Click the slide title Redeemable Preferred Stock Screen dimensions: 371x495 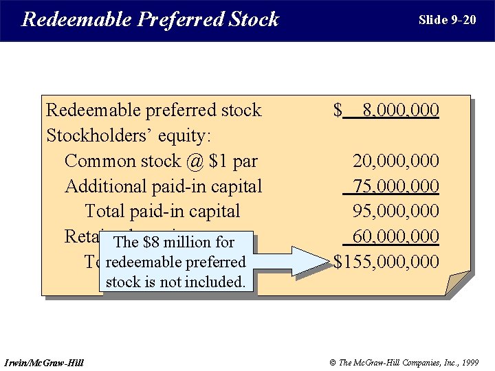click(150, 19)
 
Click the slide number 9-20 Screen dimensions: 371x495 click(447, 20)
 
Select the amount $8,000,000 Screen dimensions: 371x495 click(386, 110)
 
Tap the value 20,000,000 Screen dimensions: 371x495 click(395, 161)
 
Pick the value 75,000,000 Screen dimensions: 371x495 click(395, 186)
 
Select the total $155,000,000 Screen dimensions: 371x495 click(386, 262)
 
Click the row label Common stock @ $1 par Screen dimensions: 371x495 click(161, 161)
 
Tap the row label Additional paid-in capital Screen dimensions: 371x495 click(163, 186)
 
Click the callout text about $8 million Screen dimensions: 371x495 click(175, 262)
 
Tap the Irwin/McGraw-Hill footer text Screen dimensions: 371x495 click(44, 362)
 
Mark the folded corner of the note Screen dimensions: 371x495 click(459, 283)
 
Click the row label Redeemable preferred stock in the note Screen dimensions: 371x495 click(153, 110)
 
